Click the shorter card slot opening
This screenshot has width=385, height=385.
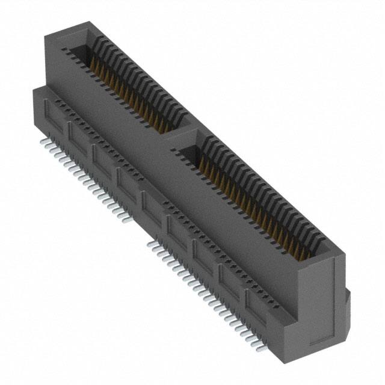(x=129, y=84)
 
